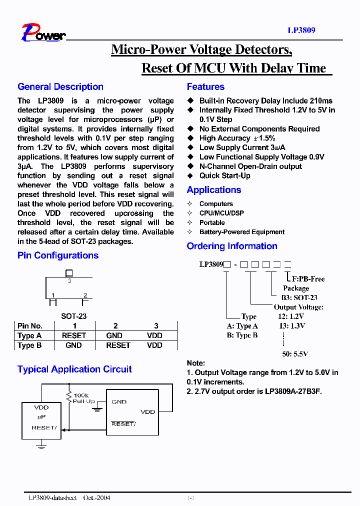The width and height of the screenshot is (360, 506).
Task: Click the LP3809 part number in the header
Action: pos(301,30)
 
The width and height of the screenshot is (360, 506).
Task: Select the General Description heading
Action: pos(60,87)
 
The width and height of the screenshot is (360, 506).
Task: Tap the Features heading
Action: pos(205,87)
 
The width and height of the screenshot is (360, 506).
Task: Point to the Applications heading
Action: pos(213,190)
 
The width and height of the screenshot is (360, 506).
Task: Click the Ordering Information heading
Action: pos(232,246)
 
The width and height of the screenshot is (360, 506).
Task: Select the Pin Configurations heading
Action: pos(58,255)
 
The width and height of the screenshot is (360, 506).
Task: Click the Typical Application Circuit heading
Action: pos(74,369)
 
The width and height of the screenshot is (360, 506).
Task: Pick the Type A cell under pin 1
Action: pos(74,335)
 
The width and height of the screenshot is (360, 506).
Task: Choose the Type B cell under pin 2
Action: pos(118,345)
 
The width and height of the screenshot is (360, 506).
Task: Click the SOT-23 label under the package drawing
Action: pos(74,316)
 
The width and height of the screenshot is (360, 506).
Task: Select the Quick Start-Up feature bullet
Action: pos(224,176)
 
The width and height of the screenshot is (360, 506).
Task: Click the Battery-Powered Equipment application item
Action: pos(241,232)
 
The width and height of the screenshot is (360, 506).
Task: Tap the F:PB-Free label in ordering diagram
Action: pos(308,279)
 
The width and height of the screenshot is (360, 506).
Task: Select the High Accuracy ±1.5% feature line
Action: pos(237,138)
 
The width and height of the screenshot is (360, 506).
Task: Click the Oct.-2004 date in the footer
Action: pos(96,498)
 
